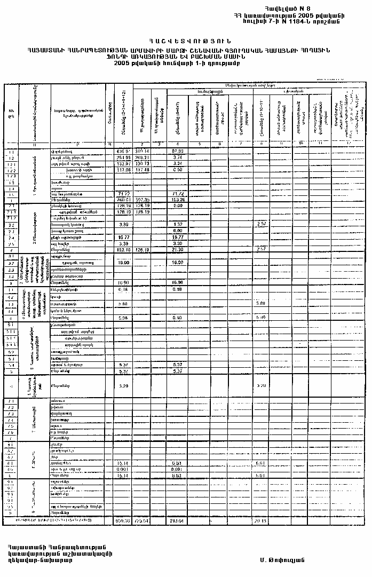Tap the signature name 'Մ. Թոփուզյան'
tap(282, 560)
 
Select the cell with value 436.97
tap(123, 152)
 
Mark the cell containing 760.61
tap(123, 200)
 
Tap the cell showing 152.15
tap(123, 249)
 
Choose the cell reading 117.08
tap(123, 170)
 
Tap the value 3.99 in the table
tap(123, 224)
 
